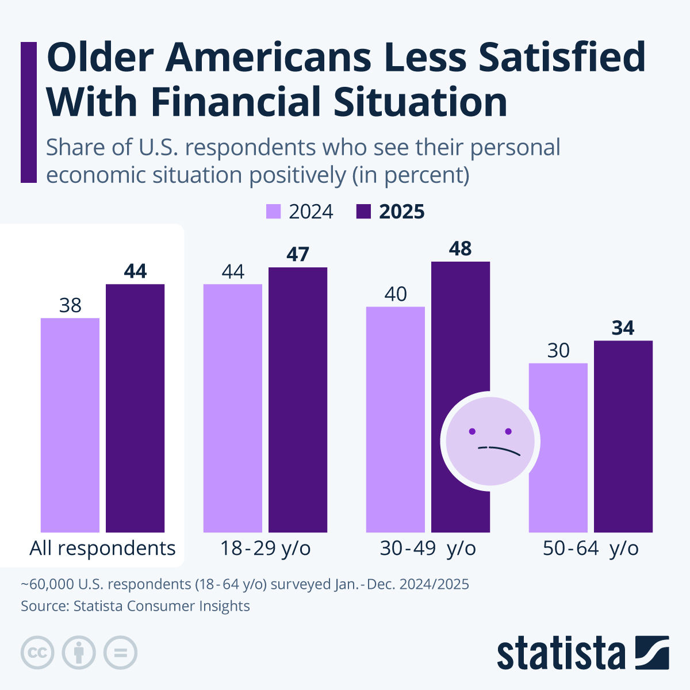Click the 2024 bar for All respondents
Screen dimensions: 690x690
(x=70, y=425)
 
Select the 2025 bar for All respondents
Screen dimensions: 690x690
(x=135, y=408)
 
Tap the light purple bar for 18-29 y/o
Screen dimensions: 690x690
(x=233, y=408)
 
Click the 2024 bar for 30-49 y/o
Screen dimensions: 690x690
(x=396, y=419)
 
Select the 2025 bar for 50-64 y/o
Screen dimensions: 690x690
(x=623, y=436)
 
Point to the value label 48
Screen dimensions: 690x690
(x=461, y=249)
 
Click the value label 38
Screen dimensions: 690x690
(x=70, y=305)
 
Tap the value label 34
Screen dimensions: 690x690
(x=623, y=328)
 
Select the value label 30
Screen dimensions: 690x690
(x=558, y=351)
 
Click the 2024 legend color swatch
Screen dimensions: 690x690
(x=273, y=212)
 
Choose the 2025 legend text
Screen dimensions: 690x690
(x=401, y=212)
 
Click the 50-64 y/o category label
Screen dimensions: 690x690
(x=591, y=549)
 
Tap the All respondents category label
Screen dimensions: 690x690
(x=102, y=549)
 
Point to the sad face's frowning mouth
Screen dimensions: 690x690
(x=499, y=449)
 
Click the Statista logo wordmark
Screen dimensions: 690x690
(x=561, y=653)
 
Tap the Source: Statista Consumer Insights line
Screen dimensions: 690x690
(x=135, y=606)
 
